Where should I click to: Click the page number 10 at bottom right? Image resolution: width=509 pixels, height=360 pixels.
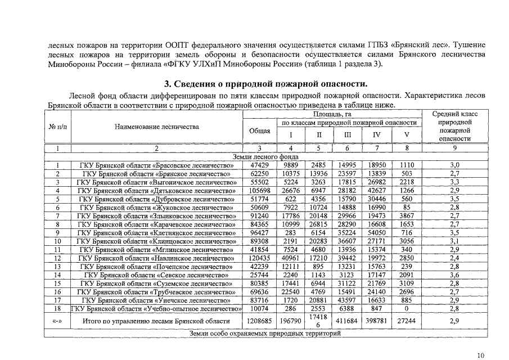[480, 355]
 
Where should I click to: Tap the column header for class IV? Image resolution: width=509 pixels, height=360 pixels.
[377, 135]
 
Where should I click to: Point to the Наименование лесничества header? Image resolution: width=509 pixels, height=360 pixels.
[156, 127]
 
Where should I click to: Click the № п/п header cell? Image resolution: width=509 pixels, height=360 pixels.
[57, 127]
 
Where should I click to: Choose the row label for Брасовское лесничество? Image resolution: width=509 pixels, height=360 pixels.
[156, 165]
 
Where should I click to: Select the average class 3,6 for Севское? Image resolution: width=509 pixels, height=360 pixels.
[455, 275]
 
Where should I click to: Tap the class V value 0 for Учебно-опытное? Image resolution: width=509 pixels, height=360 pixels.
[407, 309]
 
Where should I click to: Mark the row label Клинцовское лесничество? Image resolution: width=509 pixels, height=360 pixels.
[156, 241]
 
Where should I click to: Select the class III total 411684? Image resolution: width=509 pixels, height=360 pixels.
[348, 321]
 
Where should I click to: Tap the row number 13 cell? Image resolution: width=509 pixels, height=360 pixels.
[57, 267]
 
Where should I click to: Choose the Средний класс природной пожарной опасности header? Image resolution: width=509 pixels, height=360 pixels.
[455, 127]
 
